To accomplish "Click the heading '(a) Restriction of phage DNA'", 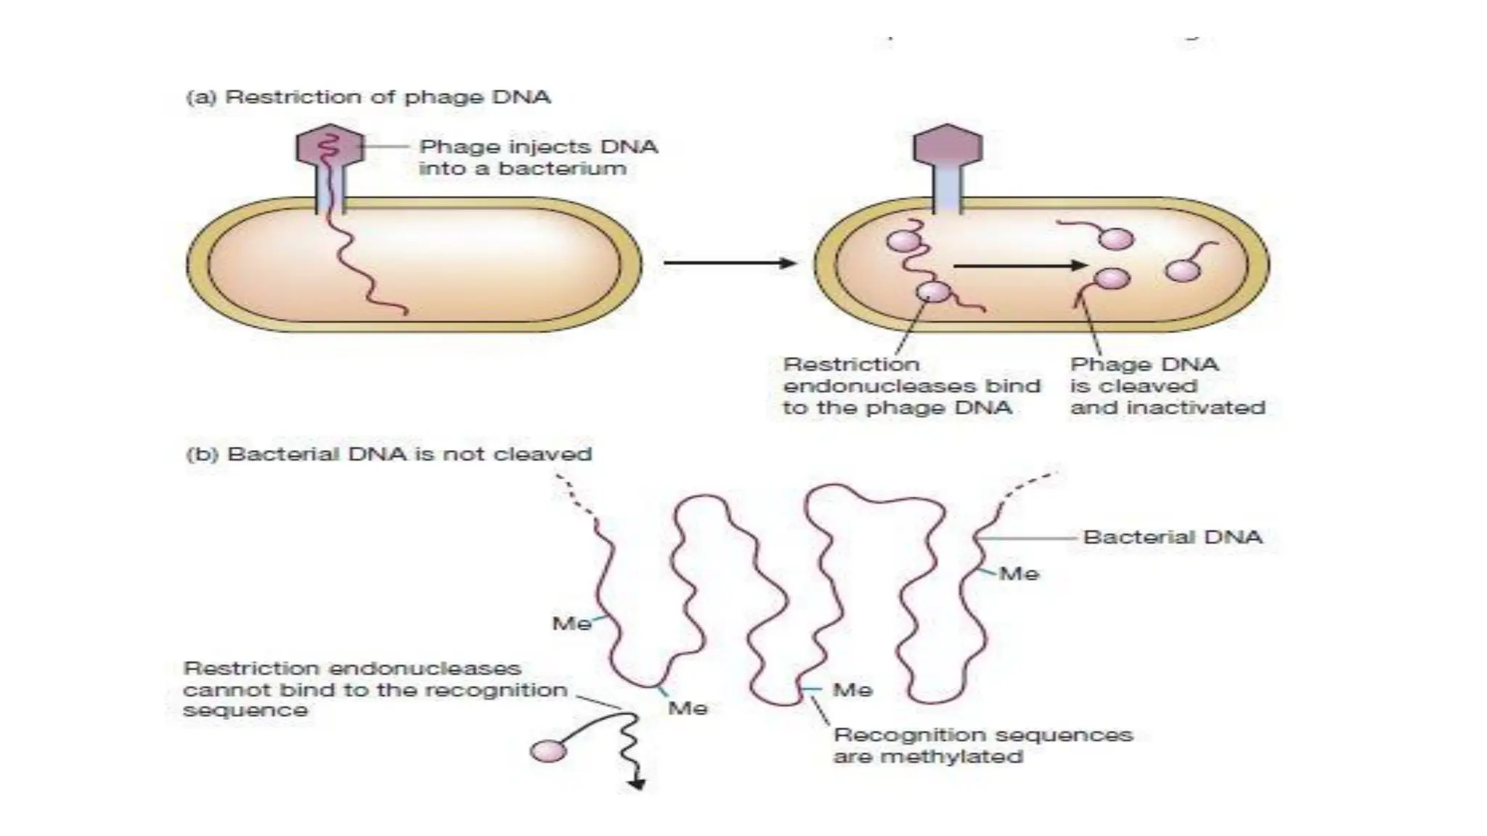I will tap(368, 97).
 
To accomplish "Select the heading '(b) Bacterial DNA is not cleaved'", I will tap(389, 454).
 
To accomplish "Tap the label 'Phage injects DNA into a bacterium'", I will tap(538, 157).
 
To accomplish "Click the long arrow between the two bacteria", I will tap(729, 263).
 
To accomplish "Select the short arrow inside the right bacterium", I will tap(1020, 266).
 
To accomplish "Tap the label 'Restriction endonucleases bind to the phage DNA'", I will tap(911, 386).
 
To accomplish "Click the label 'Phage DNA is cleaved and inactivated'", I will tap(1167, 386).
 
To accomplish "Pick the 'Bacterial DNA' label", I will tap(1173, 537).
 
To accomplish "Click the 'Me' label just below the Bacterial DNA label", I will tap(1019, 574).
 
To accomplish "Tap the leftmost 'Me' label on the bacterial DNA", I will tap(571, 623).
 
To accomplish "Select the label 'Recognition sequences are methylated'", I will tap(982, 745).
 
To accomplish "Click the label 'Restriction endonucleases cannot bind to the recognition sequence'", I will tap(375, 689).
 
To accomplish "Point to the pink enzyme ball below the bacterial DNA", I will tap(548, 750).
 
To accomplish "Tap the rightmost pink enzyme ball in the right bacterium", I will tap(1182, 270).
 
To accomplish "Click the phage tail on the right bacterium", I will tap(948, 191).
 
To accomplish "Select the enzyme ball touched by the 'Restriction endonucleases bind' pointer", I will tap(933, 292).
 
